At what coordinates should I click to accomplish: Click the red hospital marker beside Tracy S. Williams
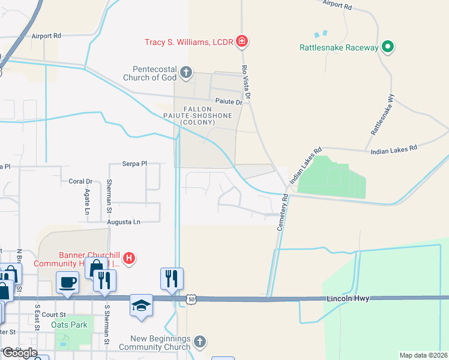point(241,41)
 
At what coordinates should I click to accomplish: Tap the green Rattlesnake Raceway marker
point(388,47)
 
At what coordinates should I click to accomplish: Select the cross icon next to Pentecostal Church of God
point(186,73)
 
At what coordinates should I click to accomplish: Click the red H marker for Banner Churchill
point(128,259)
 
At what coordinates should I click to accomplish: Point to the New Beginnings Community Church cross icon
point(200,342)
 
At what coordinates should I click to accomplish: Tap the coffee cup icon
point(68,282)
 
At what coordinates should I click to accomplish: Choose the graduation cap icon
point(142,305)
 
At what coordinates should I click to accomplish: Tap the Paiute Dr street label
point(228,101)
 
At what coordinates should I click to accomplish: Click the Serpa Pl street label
point(134,163)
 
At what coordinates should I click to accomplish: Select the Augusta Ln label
point(123,222)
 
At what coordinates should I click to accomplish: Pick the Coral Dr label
point(80,181)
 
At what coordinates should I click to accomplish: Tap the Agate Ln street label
point(86,202)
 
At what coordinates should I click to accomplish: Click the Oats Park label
point(69,325)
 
